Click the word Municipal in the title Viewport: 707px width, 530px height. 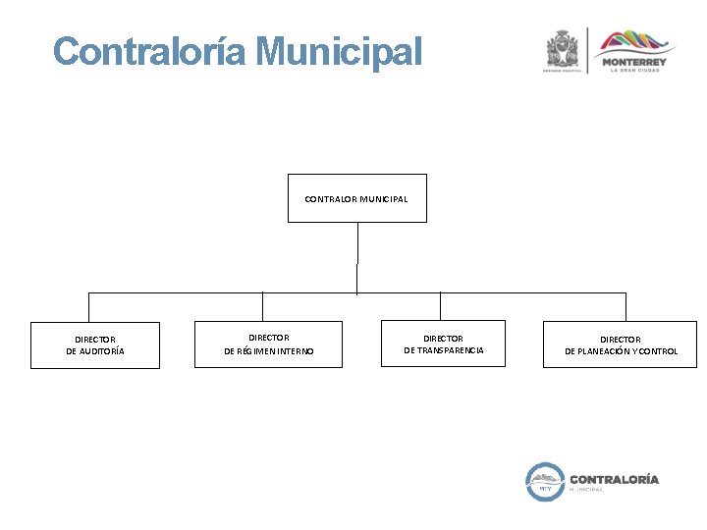(340, 51)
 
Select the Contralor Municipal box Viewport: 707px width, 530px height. (356, 198)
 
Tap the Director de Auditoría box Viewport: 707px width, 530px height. (94, 345)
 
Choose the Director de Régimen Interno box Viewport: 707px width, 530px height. (268, 344)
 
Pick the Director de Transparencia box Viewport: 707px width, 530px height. (443, 344)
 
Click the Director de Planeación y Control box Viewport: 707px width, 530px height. (620, 344)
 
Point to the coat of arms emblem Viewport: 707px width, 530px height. (564, 49)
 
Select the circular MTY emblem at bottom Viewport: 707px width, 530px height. (544, 481)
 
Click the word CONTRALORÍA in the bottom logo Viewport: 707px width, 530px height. (615, 479)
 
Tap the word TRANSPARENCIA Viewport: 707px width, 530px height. (451, 350)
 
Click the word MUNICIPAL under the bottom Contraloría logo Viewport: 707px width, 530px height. (587, 490)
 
